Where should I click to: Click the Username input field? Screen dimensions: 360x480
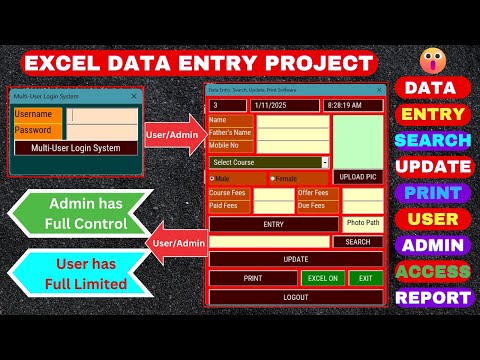[103, 115]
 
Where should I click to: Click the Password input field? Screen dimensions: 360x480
[103, 131]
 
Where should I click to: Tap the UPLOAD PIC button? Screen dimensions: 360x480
[358, 177]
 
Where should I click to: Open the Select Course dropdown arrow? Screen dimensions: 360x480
[325, 162]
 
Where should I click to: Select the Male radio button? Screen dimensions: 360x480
[213, 179]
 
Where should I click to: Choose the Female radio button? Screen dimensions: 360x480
[273, 179]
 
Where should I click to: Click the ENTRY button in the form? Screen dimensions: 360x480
[273, 224]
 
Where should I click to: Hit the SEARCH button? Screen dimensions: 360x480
[358, 242]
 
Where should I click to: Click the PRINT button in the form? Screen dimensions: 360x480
[253, 278]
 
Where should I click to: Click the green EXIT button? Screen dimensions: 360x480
[366, 278]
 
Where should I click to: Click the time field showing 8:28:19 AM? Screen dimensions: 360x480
[351, 105]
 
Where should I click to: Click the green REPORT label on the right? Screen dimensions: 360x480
[432, 297]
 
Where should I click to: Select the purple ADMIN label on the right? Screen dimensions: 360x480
[432, 245]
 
